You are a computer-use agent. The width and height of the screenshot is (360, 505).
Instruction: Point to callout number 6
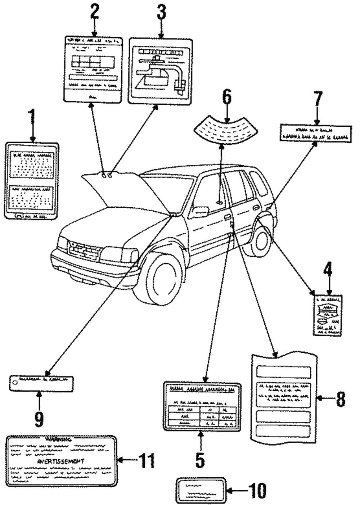coord(226,98)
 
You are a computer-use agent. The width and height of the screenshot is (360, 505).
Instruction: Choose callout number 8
coord(341,398)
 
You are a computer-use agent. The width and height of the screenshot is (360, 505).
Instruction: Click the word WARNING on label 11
coord(58,440)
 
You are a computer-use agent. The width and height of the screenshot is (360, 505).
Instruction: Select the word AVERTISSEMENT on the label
coord(60,461)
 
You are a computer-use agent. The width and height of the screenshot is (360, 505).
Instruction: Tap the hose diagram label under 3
coord(161,71)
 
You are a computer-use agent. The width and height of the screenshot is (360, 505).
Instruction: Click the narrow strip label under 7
coord(315,132)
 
